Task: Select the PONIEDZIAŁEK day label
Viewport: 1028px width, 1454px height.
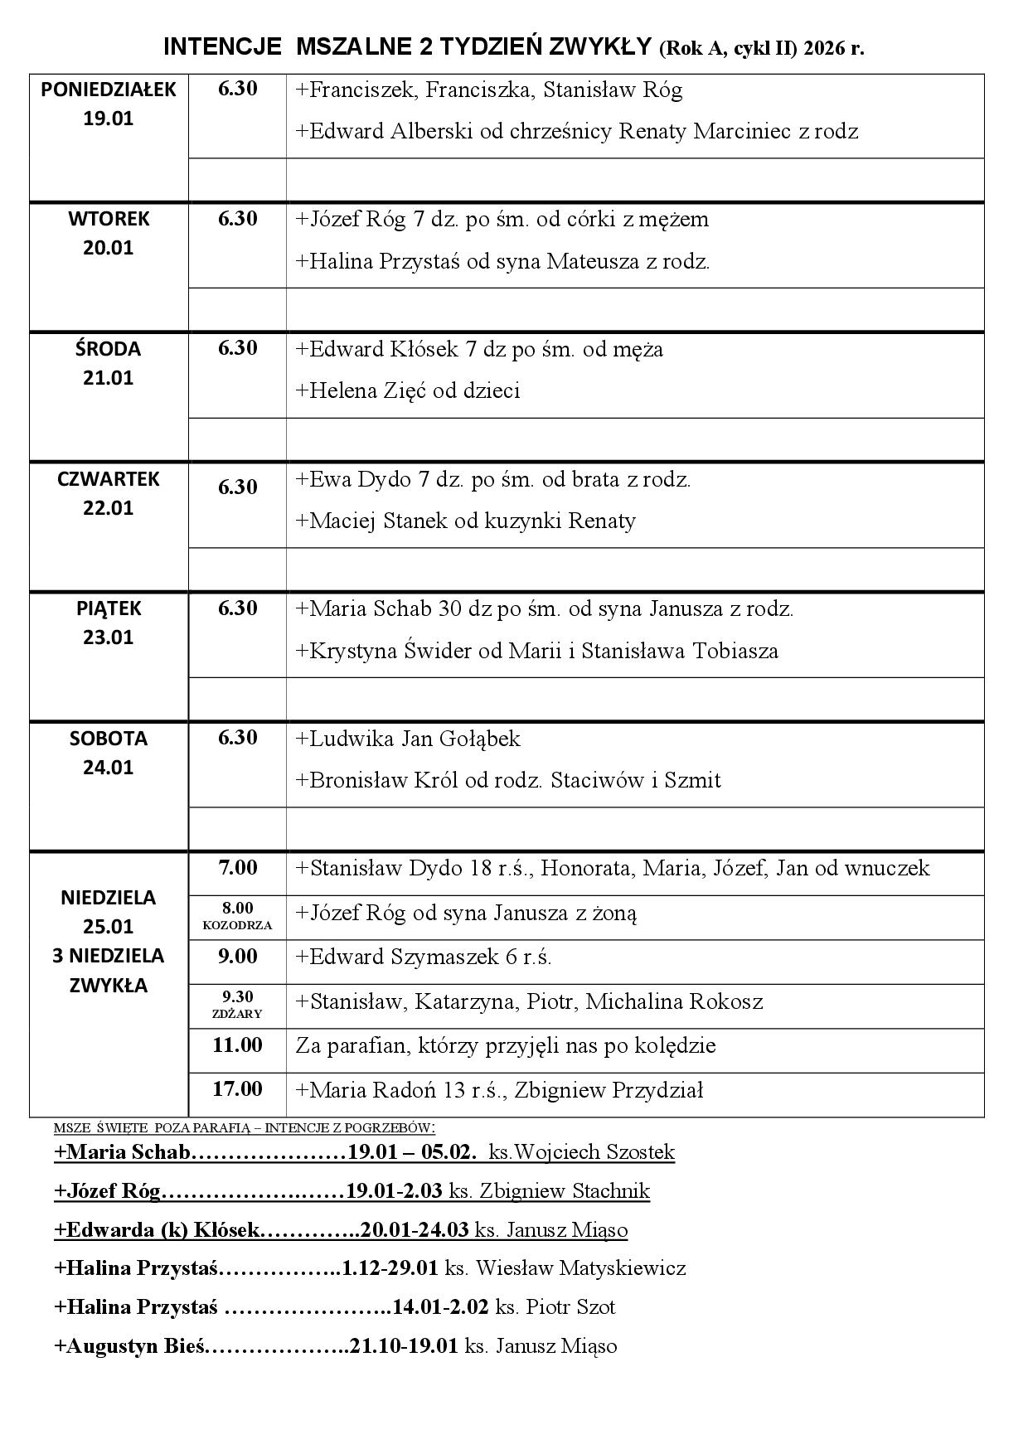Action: pyautogui.click(x=109, y=90)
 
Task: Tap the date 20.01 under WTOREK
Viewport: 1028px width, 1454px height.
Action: pyautogui.click(x=109, y=248)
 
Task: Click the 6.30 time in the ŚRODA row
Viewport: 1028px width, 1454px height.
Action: pyautogui.click(x=238, y=348)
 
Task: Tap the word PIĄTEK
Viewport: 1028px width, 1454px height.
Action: pyautogui.click(x=109, y=608)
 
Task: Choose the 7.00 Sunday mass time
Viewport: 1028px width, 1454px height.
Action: pyautogui.click(x=238, y=868)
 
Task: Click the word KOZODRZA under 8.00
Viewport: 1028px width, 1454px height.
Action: pyautogui.click(x=237, y=925)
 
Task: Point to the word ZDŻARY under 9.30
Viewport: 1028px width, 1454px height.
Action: pyautogui.click(x=237, y=1014)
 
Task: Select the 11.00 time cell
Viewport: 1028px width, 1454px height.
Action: pyautogui.click(x=238, y=1045)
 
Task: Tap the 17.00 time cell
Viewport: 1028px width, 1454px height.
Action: pyautogui.click(x=238, y=1089)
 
